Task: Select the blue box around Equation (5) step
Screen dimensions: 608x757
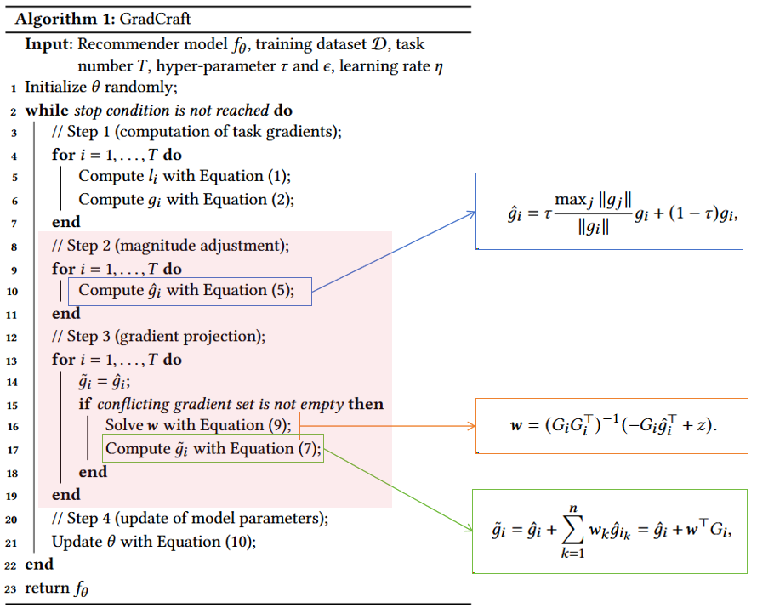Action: [191, 291]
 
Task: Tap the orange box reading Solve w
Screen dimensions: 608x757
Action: [199, 425]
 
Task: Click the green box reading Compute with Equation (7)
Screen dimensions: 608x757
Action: [213, 448]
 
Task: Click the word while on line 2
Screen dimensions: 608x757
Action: [47, 111]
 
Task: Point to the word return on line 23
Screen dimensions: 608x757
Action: [48, 588]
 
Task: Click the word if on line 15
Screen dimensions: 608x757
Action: [85, 404]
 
